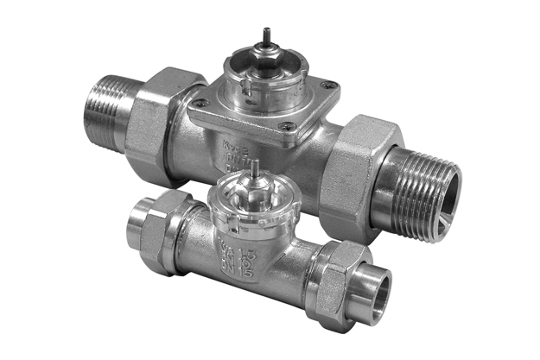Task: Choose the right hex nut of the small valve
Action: [332, 274]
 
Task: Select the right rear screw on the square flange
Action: [326, 86]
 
